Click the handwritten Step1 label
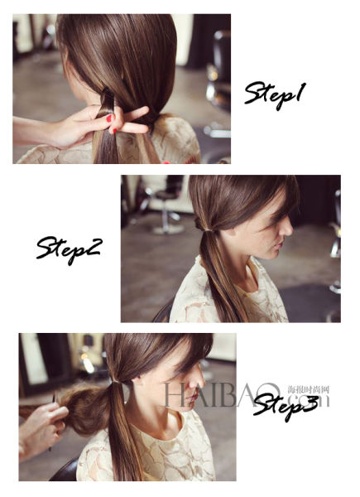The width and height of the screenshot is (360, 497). [275, 94]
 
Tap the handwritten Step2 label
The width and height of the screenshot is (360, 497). [69, 249]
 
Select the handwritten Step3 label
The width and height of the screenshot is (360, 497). [286, 406]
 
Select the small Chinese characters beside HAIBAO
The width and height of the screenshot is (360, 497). [309, 389]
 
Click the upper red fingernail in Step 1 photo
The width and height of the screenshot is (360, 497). [109, 118]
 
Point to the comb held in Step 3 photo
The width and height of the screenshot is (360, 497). [54, 418]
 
